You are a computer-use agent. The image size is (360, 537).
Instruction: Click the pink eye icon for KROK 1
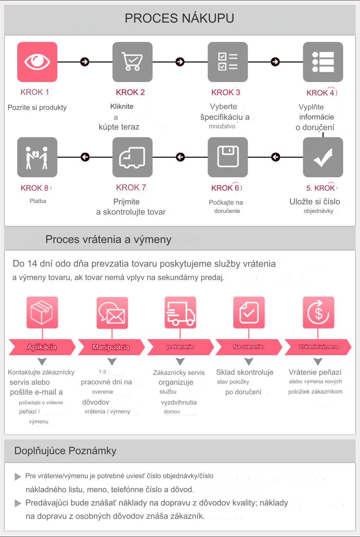point(37,62)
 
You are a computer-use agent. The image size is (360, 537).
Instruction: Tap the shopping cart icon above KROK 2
point(133,62)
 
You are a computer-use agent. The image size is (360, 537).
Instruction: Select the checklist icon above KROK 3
point(228,62)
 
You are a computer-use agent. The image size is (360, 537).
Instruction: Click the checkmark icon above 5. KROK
point(323,157)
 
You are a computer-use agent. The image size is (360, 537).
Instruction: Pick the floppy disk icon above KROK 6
point(228,157)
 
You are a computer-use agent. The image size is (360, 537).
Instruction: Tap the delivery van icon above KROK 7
point(133,157)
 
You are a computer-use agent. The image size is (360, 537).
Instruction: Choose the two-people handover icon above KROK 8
point(37,157)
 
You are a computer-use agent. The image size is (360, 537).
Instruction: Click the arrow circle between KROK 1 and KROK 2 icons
point(85,62)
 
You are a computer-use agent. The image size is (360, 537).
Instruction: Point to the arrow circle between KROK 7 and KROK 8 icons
point(85,157)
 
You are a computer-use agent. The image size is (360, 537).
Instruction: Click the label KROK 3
point(226,92)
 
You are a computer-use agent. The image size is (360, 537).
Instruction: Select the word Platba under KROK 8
point(38,201)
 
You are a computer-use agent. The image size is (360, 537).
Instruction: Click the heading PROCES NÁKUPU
point(179,18)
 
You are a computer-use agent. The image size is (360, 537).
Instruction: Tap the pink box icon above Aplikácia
point(42,312)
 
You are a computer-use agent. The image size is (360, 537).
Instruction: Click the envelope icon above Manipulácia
point(112,312)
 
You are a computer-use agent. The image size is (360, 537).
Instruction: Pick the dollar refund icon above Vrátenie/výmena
point(318,312)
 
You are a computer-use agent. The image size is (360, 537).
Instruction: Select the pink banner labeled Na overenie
point(248,347)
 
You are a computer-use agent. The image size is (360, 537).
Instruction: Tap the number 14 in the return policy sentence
point(32,264)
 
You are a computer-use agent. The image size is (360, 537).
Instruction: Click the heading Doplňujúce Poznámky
point(65,451)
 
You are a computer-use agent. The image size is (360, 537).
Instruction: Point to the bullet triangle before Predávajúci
point(18,503)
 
